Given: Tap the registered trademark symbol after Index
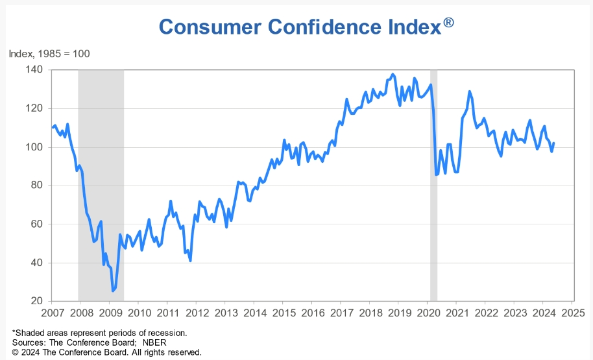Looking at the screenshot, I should point(448,23).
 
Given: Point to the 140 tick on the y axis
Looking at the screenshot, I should point(34,69).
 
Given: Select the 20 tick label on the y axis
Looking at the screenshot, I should point(36,301).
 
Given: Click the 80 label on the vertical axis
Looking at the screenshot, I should point(36,186).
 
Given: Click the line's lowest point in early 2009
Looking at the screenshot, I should point(113,291).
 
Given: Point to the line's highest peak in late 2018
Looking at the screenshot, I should point(393,74).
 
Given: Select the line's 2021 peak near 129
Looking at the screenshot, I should point(470,91).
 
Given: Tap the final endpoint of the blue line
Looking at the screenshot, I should point(553,143).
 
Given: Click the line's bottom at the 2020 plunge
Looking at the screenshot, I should point(436,174).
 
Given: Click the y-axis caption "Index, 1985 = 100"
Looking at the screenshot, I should point(49,53).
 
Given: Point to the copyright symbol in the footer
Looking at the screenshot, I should point(16,352).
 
